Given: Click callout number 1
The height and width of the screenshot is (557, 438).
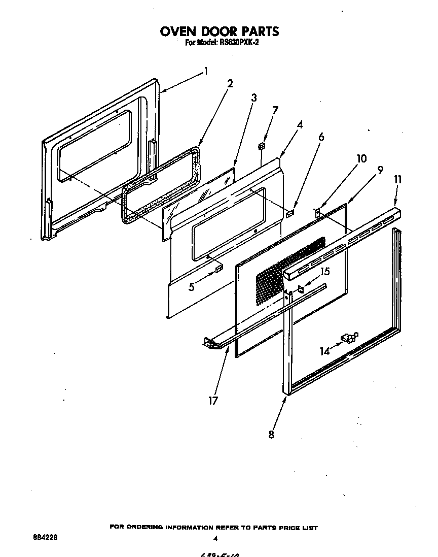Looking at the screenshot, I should [205, 71].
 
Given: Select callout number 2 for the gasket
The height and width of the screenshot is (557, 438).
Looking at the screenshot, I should [230, 84].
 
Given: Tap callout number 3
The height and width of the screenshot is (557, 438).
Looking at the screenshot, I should [253, 97].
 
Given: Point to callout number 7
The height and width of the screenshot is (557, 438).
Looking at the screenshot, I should [275, 110].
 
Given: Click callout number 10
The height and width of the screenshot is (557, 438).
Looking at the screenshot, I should [361, 158].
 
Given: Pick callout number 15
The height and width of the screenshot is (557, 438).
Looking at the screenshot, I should [325, 272].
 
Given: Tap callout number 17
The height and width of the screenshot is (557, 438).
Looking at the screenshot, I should [213, 401].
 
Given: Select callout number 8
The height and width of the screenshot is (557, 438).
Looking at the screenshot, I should [271, 435].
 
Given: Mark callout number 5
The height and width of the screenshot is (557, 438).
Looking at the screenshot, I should [192, 287].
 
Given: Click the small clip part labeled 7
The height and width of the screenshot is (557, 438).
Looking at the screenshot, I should [262, 146].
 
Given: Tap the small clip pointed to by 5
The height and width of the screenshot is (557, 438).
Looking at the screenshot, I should [219, 268].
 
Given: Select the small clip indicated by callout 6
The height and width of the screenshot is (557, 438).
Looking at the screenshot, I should [289, 214].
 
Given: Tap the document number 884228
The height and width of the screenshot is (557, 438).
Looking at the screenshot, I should [39, 537].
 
